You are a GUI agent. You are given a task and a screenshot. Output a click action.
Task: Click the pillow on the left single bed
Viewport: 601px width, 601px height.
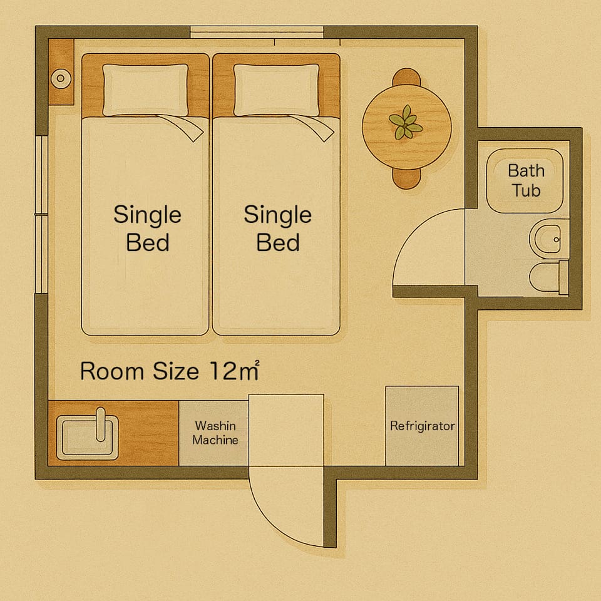click(145, 90)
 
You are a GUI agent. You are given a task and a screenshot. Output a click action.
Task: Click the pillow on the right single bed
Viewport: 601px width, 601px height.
click(276, 90)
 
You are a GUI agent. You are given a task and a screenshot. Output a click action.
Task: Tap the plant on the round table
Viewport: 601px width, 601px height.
click(406, 122)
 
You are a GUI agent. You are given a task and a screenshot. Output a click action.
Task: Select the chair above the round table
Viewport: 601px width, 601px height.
click(406, 76)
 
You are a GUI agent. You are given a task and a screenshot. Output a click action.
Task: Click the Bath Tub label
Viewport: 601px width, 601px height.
click(527, 180)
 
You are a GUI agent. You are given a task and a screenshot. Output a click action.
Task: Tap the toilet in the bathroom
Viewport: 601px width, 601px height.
click(548, 277)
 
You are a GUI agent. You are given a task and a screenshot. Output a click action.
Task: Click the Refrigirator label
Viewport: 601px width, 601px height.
click(423, 426)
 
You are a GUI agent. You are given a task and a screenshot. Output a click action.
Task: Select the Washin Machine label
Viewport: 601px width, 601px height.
click(215, 433)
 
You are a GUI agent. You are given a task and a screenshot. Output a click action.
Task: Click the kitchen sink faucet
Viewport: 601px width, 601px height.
click(100, 424)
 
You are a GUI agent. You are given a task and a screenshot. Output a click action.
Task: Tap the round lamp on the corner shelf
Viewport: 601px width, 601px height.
click(61, 79)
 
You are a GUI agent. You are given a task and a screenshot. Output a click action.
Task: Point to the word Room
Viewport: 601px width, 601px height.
click(112, 371)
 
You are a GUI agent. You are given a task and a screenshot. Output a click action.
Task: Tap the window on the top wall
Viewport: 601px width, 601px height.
click(257, 32)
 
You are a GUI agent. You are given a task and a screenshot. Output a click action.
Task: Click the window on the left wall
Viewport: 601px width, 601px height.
click(41, 215)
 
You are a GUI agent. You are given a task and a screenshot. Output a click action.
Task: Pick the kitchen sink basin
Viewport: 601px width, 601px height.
click(88, 438)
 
